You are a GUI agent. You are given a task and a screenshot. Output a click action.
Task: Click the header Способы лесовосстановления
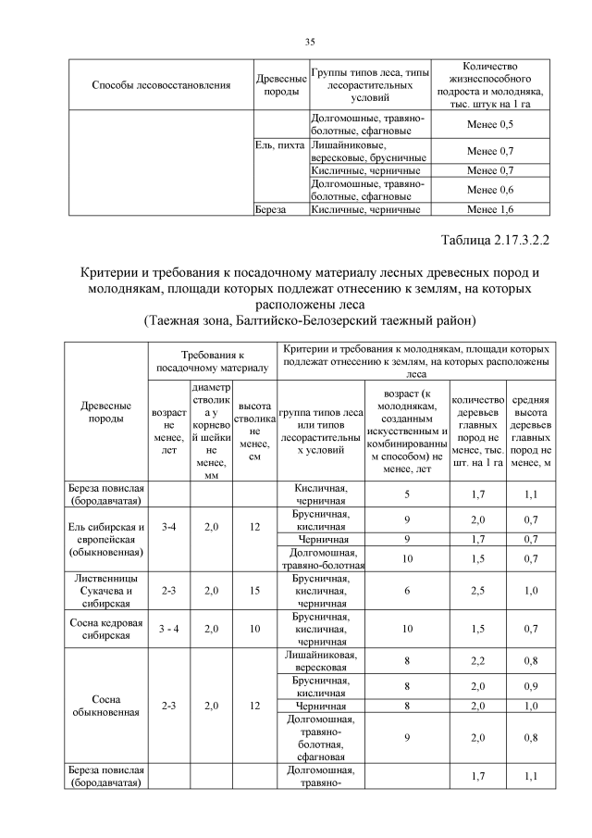point(161,86)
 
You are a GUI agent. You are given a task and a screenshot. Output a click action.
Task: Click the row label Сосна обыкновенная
point(106,706)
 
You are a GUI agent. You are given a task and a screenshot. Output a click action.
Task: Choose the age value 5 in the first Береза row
point(407,494)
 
